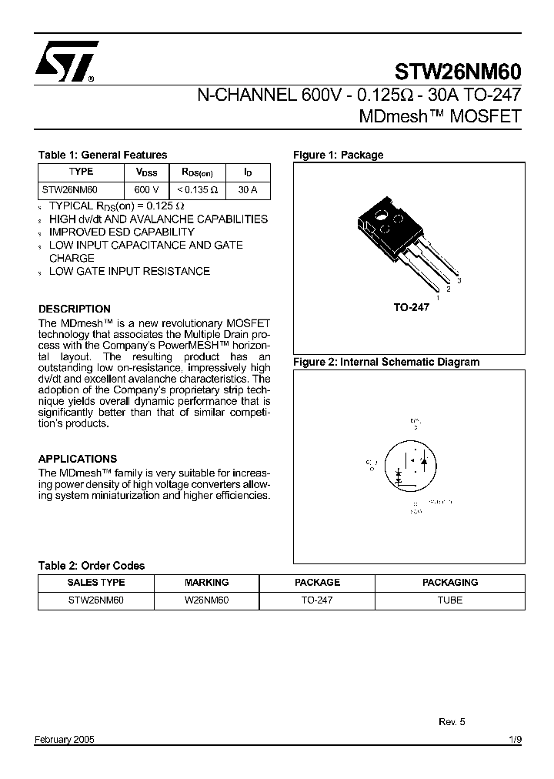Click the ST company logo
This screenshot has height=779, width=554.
tap(66, 61)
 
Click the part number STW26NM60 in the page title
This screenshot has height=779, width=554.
tap(458, 72)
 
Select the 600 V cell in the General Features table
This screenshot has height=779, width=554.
tap(146, 189)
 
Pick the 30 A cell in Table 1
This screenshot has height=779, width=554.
tap(248, 189)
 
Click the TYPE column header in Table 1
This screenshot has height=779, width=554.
tap(81, 172)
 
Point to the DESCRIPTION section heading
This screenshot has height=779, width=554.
tap(75, 309)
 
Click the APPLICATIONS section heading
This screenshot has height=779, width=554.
tap(78, 458)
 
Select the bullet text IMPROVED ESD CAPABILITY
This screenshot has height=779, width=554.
tap(122, 232)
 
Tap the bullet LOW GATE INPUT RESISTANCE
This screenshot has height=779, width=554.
tap(129, 271)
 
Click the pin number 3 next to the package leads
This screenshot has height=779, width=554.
tap(459, 281)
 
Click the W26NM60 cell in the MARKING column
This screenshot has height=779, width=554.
tap(206, 600)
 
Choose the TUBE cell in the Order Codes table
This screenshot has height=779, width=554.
tap(449, 600)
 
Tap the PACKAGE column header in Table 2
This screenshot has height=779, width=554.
tap(317, 583)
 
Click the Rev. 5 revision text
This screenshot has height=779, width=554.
tap(452, 721)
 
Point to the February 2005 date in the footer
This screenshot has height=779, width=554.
tap(65, 739)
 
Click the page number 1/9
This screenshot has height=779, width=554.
tap(515, 739)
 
